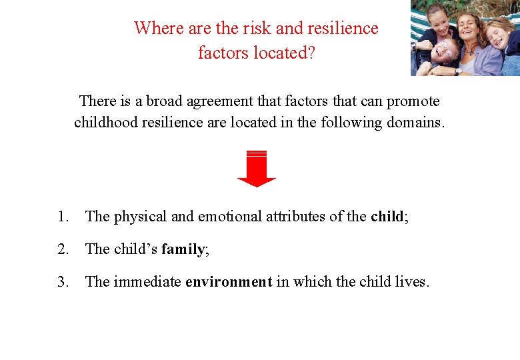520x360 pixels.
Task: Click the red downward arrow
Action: click(x=256, y=169)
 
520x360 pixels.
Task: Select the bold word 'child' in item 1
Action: click(x=387, y=216)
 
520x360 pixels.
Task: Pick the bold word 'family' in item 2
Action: click(x=183, y=249)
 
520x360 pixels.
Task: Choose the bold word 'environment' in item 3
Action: click(x=229, y=282)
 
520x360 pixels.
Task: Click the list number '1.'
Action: click(x=63, y=216)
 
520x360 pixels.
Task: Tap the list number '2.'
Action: click(x=63, y=249)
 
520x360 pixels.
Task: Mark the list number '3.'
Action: click(x=63, y=282)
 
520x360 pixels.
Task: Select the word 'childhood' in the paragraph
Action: click(x=106, y=123)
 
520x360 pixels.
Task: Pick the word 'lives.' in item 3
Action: click(x=411, y=282)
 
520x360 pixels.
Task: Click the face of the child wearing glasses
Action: click(x=445, y=51)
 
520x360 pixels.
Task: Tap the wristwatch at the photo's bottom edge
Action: click(x=458, y=71)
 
